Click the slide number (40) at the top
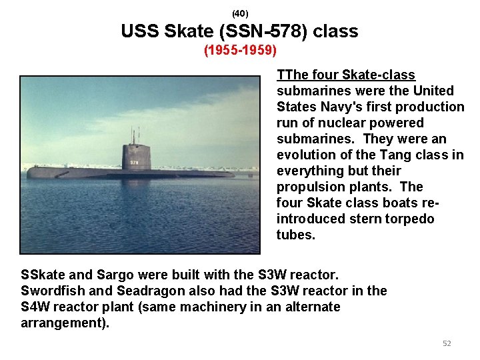tap(240, 13)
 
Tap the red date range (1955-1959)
tap(240, 51)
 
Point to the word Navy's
tap(333, 107)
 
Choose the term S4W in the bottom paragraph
tap(35, 307)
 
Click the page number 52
tap(447, 343)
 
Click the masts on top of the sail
tap(134, 137)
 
